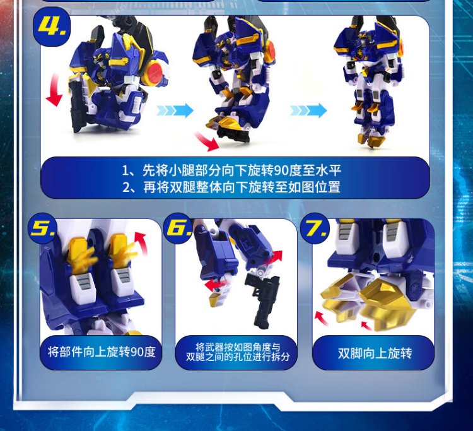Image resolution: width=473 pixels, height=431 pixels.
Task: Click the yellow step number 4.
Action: [52, 25]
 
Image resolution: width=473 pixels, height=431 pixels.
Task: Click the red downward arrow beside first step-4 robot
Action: [54, 90]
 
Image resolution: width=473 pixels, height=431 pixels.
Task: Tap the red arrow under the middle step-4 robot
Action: [207, 141]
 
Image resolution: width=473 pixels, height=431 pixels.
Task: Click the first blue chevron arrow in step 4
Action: [175, 110]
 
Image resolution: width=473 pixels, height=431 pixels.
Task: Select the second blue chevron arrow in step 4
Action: [308, 110]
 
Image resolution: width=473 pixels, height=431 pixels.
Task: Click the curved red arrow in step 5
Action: [142, 244]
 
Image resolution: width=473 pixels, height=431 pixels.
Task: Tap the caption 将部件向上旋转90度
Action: [102, 352]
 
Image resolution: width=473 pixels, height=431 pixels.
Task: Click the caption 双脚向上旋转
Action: [375, 353]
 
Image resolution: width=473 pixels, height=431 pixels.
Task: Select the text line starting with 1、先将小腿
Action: [231, 170]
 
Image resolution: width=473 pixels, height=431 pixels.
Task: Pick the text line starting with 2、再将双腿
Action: [231, 187]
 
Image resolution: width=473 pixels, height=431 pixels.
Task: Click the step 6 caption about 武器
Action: [238, 352]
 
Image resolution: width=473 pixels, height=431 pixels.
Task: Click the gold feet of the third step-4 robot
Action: [371, 140]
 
